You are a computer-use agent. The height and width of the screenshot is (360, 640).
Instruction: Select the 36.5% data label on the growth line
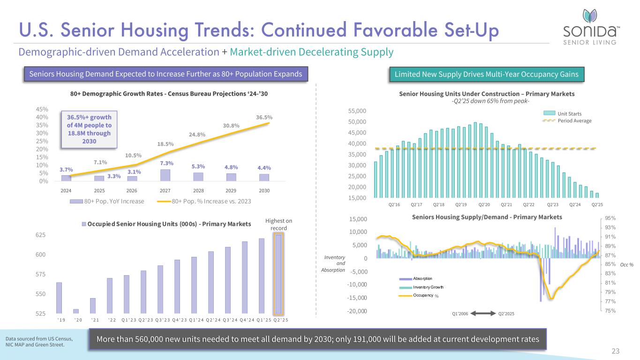[264, 117]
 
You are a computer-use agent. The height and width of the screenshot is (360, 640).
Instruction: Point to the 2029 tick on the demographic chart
[231, 191]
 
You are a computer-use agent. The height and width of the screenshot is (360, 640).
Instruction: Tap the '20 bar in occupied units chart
[76, 311]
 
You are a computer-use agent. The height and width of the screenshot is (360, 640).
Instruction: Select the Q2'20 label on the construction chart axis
[484, 205]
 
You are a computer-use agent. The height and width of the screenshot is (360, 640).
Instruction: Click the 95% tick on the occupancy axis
[610, 218]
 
